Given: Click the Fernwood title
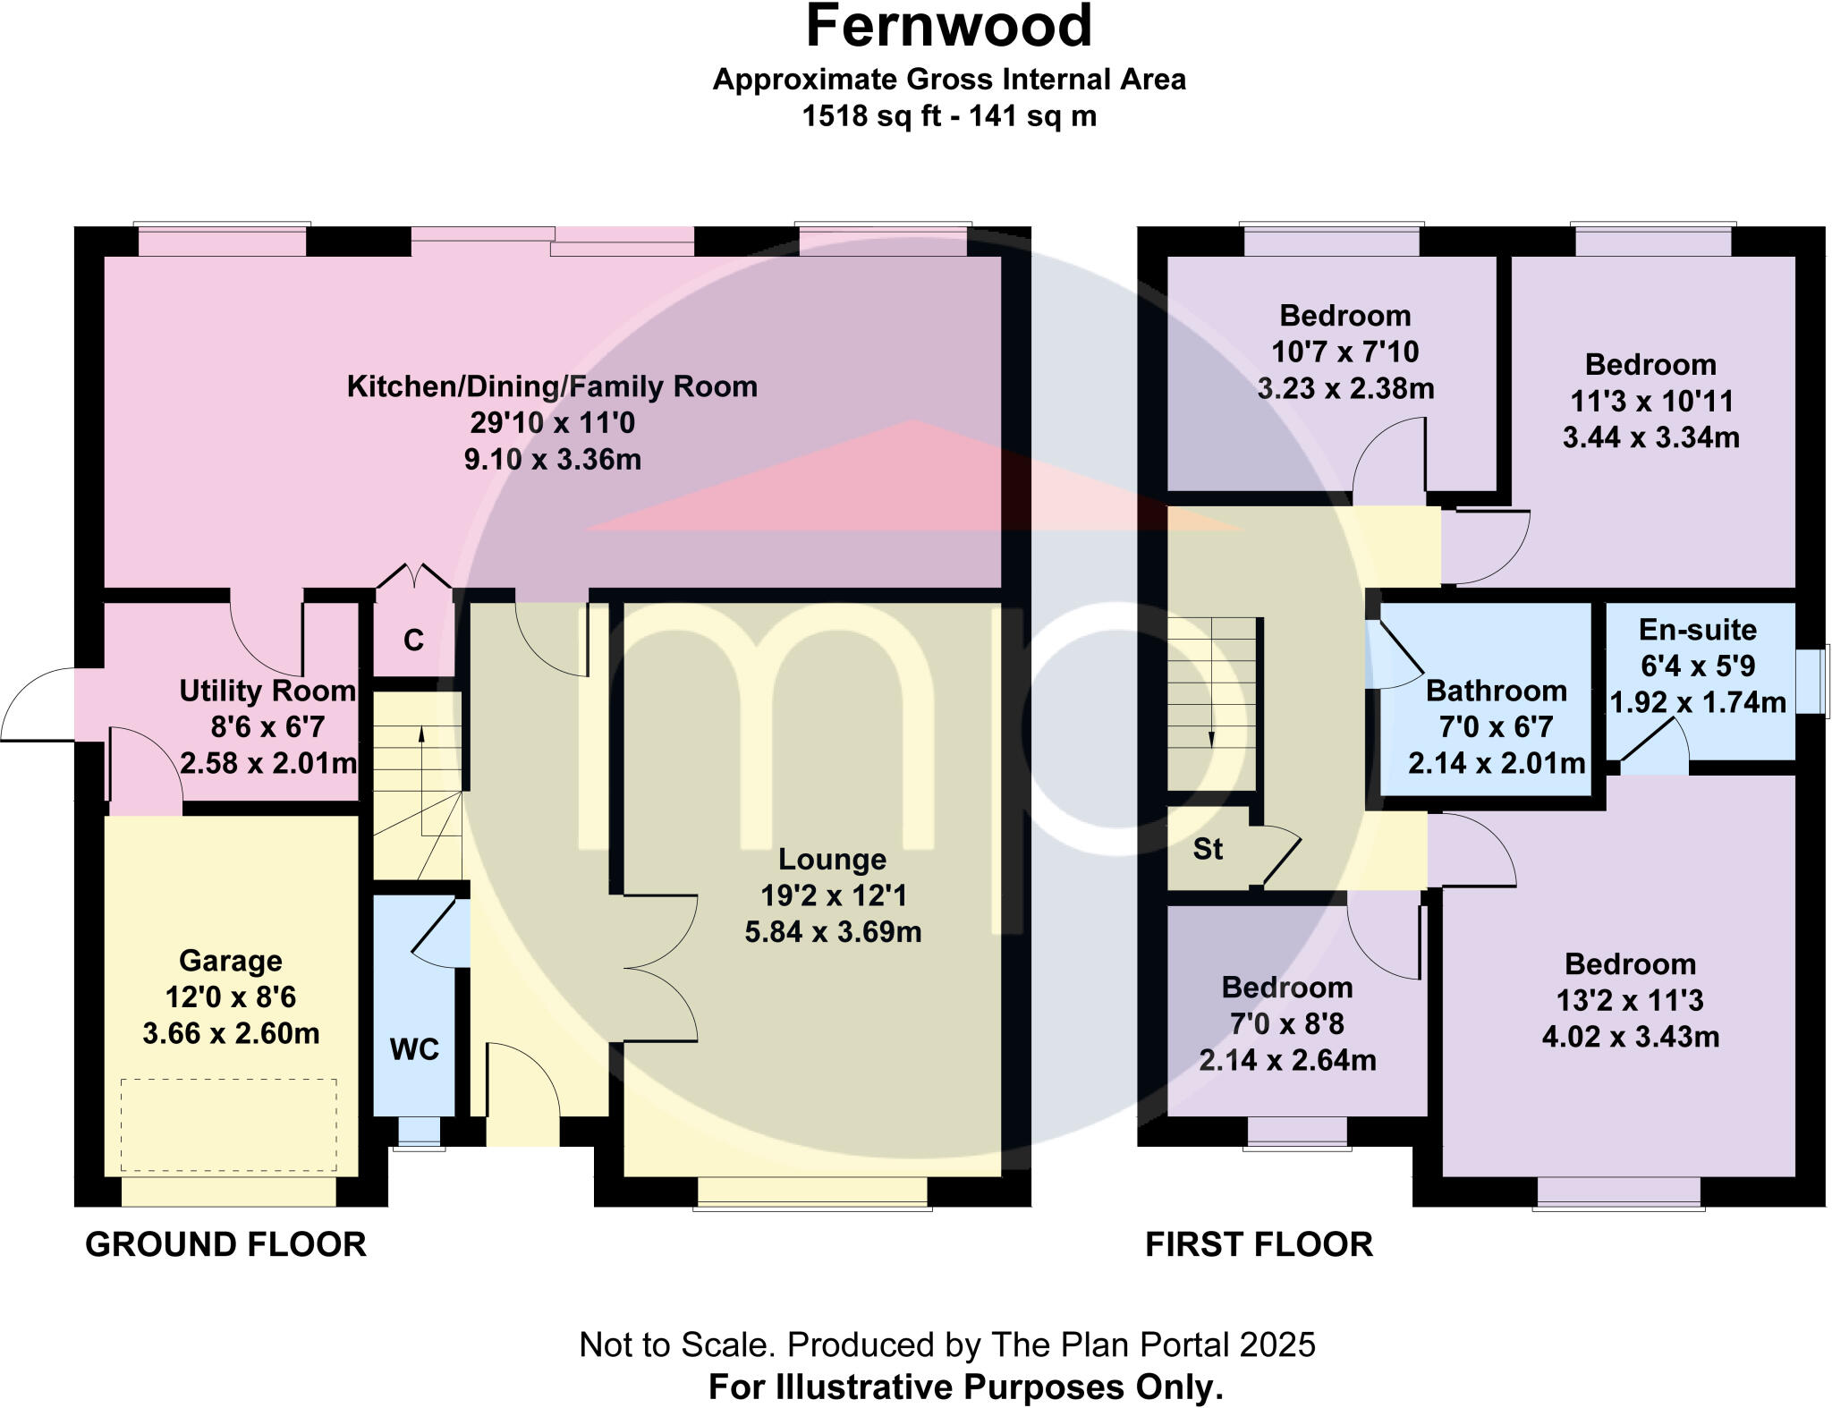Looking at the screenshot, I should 949,27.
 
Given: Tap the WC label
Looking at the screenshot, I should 414,1049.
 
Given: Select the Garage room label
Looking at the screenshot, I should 231,961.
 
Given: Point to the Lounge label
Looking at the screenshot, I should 832,859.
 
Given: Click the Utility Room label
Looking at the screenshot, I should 267,691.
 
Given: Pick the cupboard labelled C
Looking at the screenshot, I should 413,640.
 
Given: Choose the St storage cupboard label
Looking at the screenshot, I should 1208,849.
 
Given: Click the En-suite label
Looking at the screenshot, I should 1697,630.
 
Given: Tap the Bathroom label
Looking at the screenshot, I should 1496,691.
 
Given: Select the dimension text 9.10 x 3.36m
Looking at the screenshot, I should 552,460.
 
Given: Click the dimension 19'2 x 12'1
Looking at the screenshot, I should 833,895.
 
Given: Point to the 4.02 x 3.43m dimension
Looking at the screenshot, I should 1630,1037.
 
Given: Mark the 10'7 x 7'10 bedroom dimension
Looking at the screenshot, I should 1344,352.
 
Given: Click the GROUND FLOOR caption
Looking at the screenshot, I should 225,1244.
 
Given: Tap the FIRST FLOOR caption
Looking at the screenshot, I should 1259,1244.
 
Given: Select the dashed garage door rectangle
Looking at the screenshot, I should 229,1124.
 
